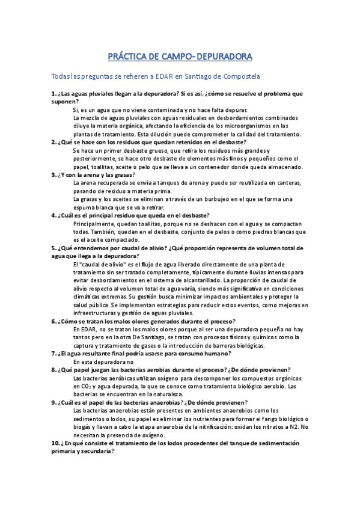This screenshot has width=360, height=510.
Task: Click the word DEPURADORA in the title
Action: [x=218, y=57]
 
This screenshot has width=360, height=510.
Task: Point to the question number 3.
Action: [x=53, y=174]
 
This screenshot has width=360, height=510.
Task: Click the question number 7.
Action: [x=53, y=354]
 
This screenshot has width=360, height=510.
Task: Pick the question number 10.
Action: [x=55, y=443]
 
